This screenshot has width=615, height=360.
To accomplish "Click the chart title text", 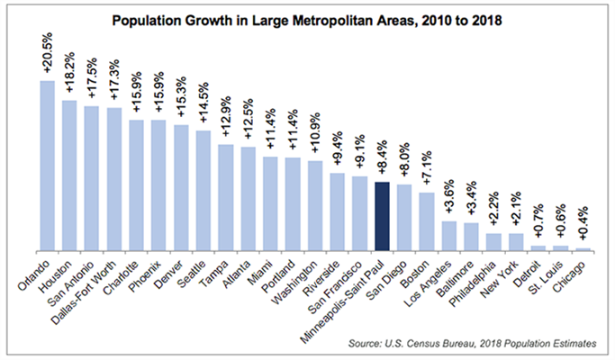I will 307,20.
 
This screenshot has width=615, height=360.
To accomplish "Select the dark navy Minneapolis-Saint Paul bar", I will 382,216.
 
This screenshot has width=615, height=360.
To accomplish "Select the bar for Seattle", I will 203,191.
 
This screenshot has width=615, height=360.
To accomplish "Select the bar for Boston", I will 427,221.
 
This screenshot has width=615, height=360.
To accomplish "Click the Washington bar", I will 315,205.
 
